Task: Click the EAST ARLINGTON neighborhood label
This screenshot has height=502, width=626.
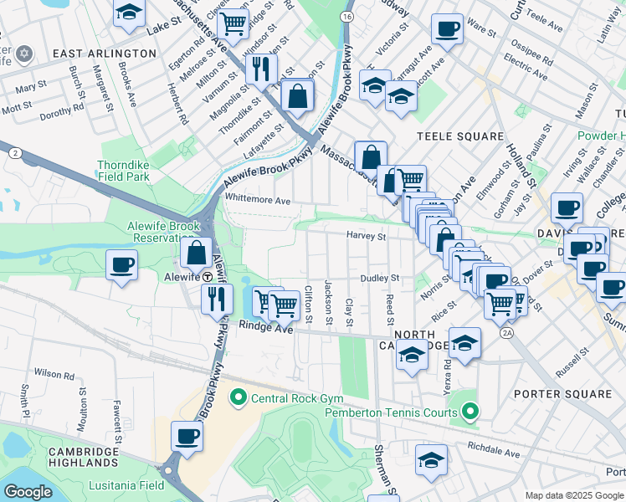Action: point(104,53)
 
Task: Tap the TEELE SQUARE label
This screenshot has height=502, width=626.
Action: point(461,136)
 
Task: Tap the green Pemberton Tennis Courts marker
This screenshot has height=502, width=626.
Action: point(470,412)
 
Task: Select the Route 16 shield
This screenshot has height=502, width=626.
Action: point(347,17)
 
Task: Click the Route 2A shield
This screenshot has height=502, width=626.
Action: point(505,333)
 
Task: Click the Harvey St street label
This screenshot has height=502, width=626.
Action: point(367,236)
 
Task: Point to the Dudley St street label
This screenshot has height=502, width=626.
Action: point(381,278)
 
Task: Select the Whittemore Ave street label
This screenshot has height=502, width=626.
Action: point(258,201)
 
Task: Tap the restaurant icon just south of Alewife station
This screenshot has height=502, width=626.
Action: point(218,298)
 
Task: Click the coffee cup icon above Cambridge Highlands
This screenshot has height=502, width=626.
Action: point(187,436)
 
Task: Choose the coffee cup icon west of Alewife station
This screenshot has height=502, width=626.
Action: point(121,266)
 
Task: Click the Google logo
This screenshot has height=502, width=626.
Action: point(28,492)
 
